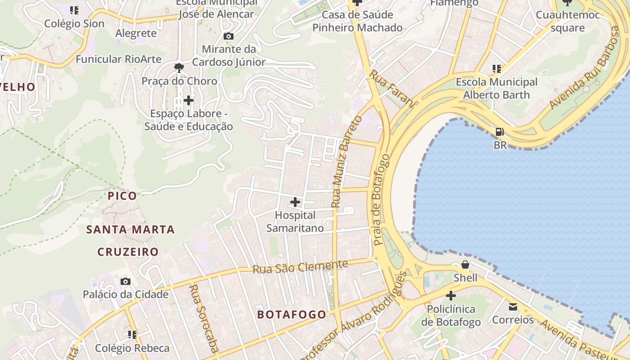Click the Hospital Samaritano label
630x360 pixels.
point(295,222)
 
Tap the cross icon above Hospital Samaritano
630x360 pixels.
point(295,202)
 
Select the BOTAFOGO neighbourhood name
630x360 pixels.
point(292,315)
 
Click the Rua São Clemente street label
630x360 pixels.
point(300,267)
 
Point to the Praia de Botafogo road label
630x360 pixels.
point(381,200)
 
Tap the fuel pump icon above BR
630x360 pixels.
point(500,132)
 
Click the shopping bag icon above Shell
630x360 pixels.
point(465,265)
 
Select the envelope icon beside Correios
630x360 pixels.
point(513,307)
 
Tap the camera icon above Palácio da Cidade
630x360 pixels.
point(126,282)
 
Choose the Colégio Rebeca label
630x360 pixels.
point(132,348)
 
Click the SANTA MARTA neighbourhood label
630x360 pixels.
point(130,229)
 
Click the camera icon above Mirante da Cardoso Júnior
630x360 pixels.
point(229,36)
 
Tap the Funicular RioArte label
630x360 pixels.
point(118,59)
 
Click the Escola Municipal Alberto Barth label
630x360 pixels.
point(496,89)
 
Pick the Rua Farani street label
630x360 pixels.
point(392,89)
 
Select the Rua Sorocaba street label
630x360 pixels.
point(203,318)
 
